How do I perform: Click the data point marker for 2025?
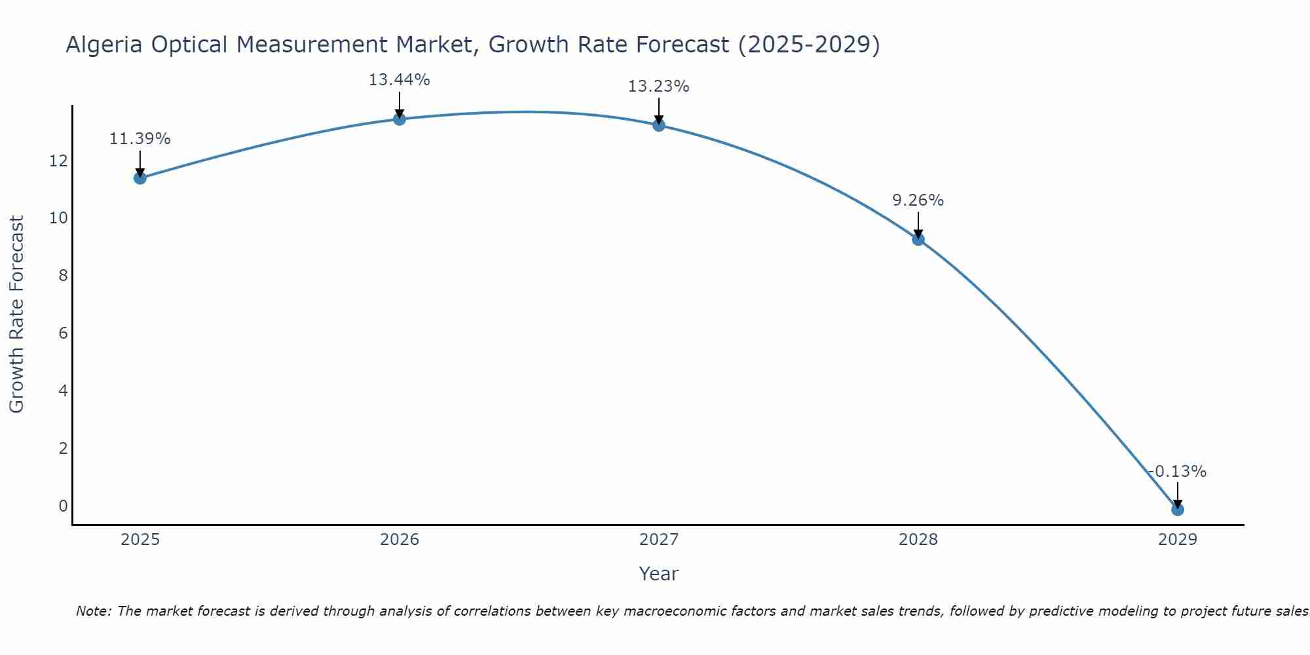click(140, 178)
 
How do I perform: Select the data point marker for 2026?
click(400, 119)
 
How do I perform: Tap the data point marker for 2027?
click(659, 124)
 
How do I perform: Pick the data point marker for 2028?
click(918, 239)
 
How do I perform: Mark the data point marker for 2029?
click(1178, 509)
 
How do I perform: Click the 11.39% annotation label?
click(140, 139)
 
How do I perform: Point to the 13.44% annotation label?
click(399, 80)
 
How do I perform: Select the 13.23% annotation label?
click(658, 86)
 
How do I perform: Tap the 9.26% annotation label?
click(918, 200)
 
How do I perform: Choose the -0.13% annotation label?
click(1177, 472)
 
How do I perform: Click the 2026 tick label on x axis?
click(400, 540)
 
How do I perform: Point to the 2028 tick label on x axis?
click(918, 540)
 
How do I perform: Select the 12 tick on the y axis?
click(58, 160)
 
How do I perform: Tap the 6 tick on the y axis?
click(63, 333)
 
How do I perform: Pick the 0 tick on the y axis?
click(63, 506)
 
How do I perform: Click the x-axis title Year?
click(658, 574)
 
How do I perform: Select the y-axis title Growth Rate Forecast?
click(16, 314)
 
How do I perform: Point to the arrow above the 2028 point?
click(918, 224)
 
